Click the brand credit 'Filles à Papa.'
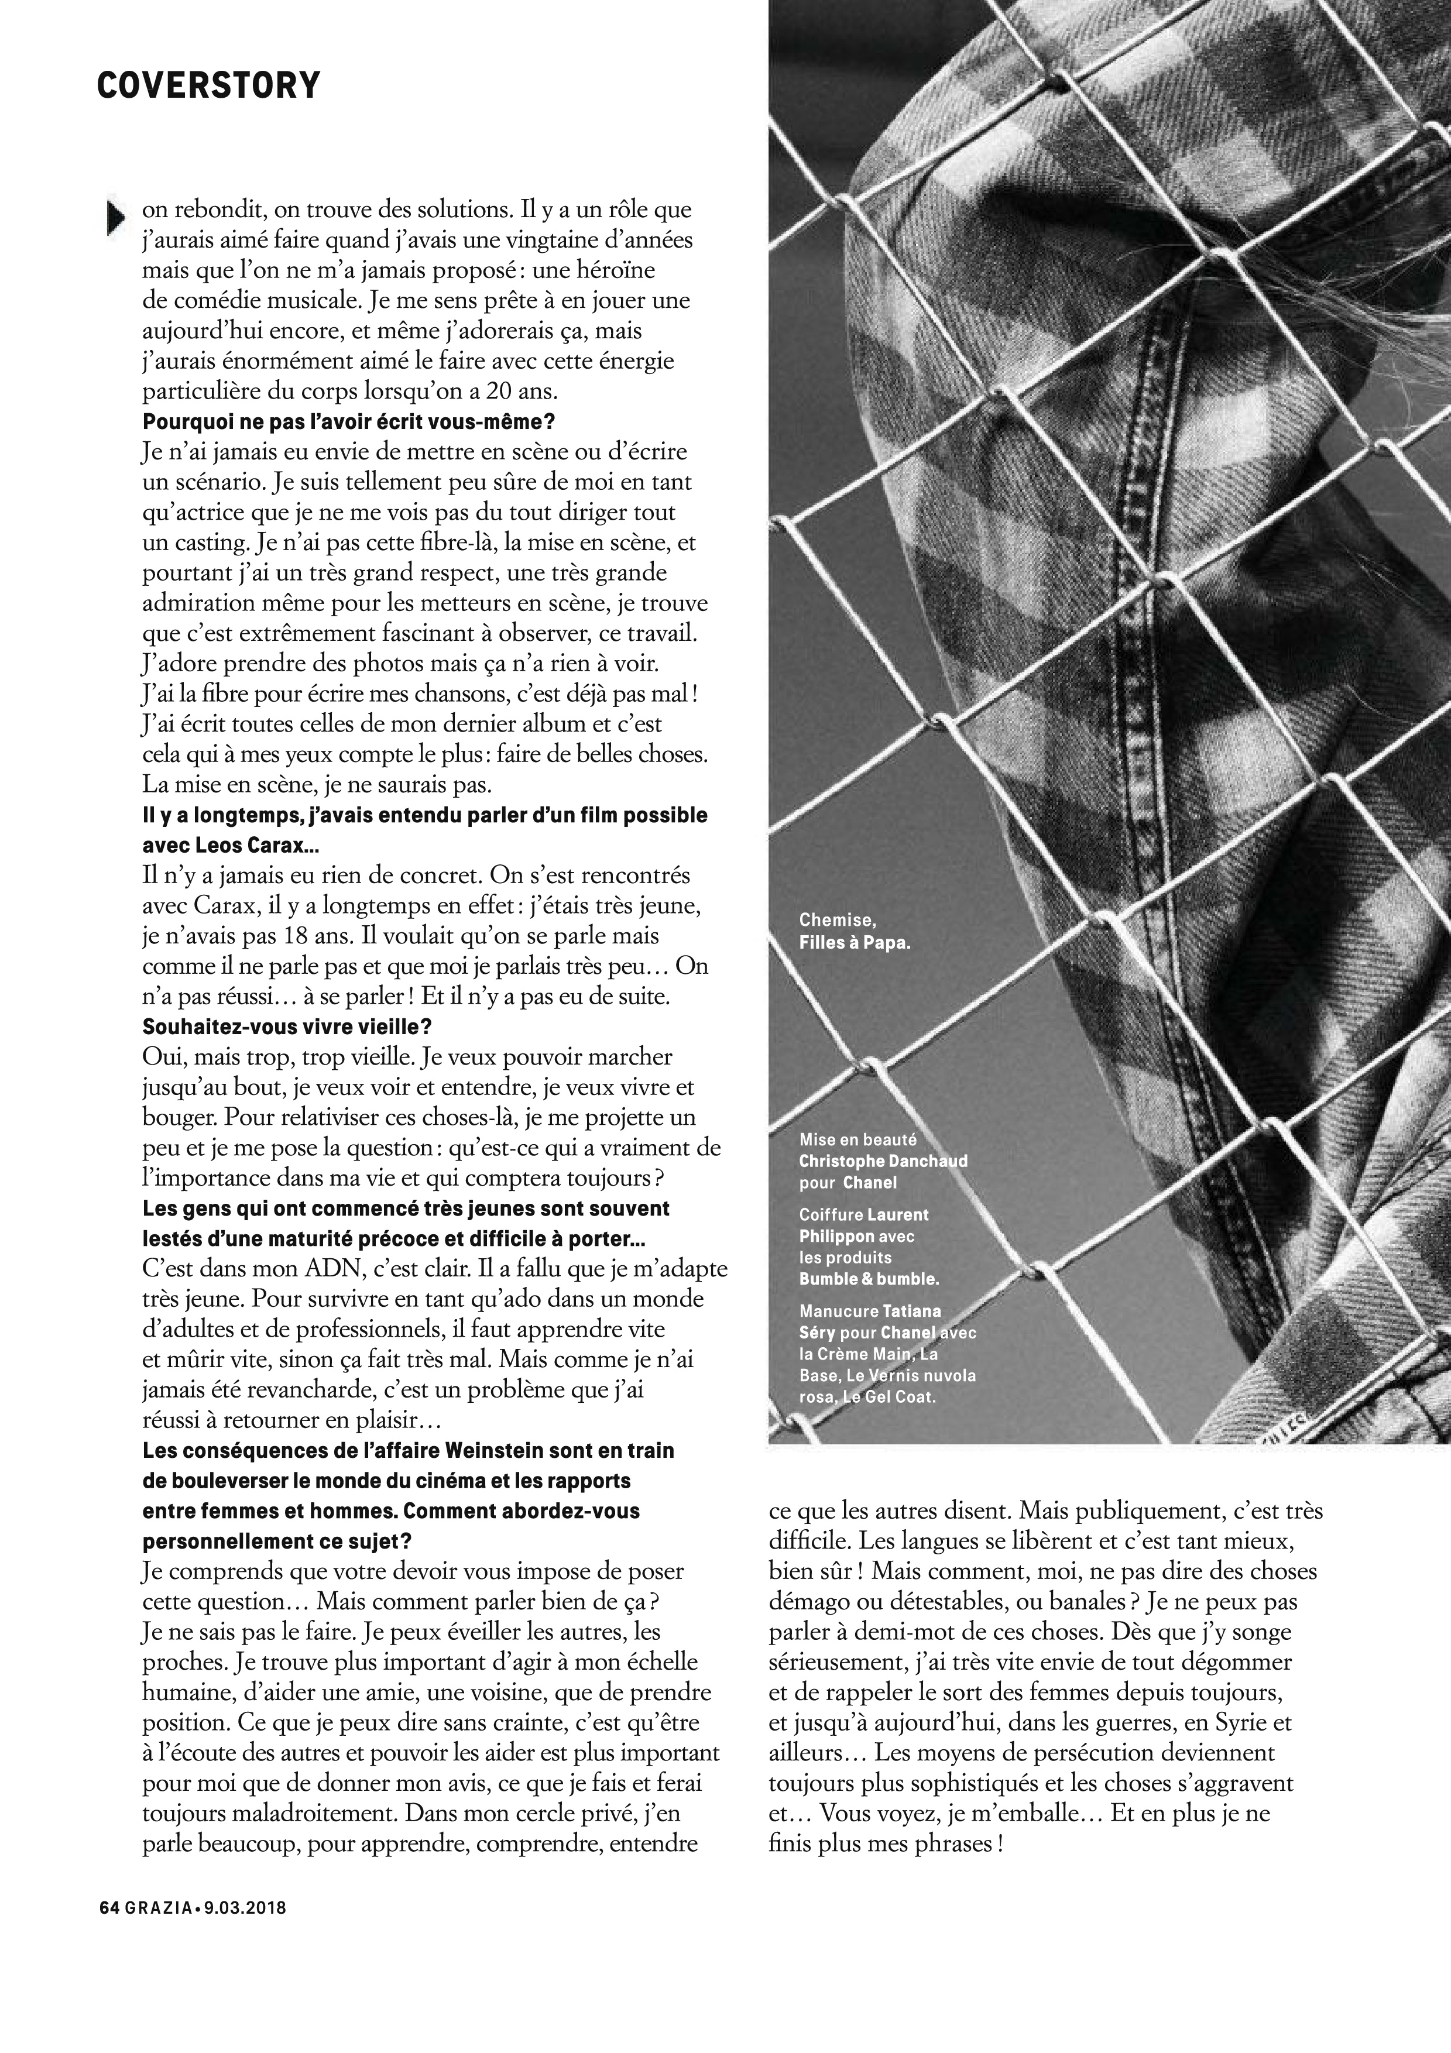[855, 942]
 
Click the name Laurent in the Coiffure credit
[898, 1214]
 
